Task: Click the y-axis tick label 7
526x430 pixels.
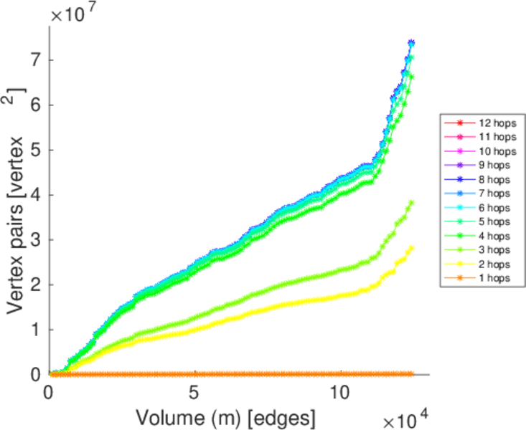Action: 34,59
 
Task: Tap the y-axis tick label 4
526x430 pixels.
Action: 34,194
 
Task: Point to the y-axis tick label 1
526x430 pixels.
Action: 34,330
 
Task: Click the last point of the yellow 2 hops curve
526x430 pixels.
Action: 411,248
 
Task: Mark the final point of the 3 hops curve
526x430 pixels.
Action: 411,203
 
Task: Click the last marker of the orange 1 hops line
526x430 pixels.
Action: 411,374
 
